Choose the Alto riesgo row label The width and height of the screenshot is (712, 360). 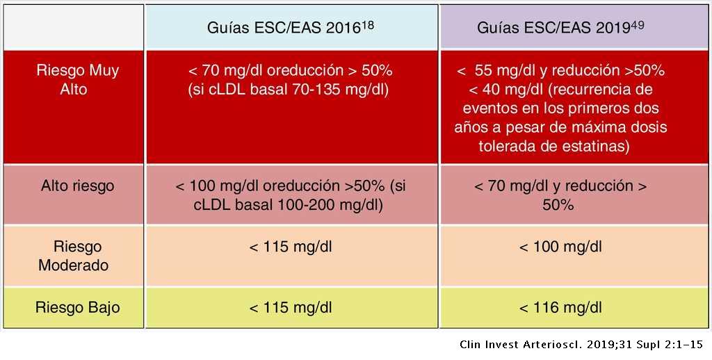(x=77, y=186)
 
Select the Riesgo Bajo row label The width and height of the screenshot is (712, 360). (x=77, y=307)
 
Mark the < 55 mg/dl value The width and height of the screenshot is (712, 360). (x=499, y=71)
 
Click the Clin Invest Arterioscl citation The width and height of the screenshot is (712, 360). (x=581, y=345)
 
